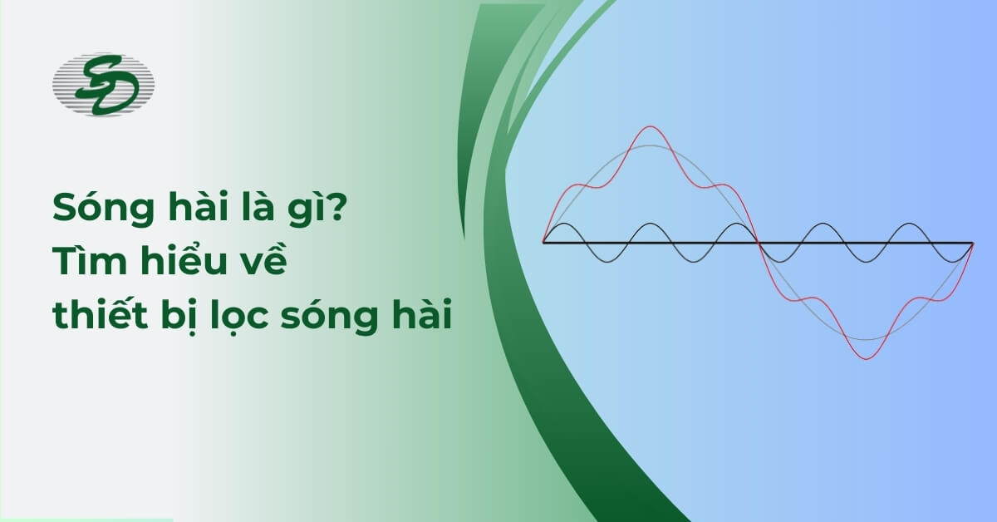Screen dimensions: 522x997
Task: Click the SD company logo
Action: pos(103,86)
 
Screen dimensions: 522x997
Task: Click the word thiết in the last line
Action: pos(98,317)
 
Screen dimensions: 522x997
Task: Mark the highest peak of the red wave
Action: pos(650,126)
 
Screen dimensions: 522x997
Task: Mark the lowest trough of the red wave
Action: pos(866,359)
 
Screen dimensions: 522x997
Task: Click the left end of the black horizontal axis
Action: pos(544,243)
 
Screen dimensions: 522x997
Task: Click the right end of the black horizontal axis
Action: pos(972,243)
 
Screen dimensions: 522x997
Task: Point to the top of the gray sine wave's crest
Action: pos(651,145)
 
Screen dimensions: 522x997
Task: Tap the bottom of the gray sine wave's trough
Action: pos(866,339)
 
